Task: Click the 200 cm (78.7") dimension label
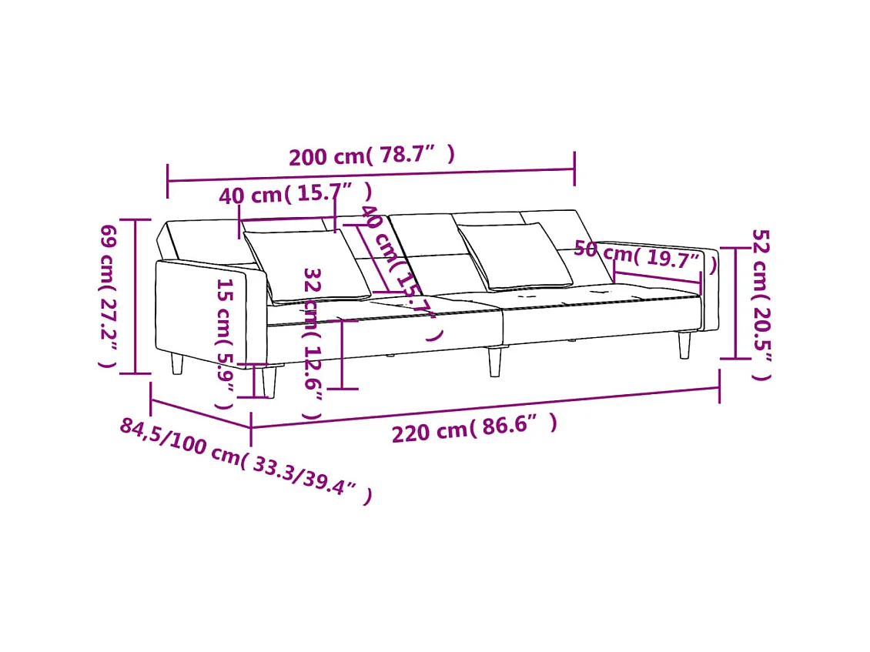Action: [x=372, y=155]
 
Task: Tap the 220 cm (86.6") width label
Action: [x=474, y=428]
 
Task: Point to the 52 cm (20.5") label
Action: [x=760, y=304]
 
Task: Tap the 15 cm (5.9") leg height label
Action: [x=224, y=343]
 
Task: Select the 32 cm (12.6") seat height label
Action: [x=312, y=343]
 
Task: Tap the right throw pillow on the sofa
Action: [x=514, y=256]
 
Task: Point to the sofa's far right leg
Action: [x=684, y=345]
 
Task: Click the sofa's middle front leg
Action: [x=494, y=359]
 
